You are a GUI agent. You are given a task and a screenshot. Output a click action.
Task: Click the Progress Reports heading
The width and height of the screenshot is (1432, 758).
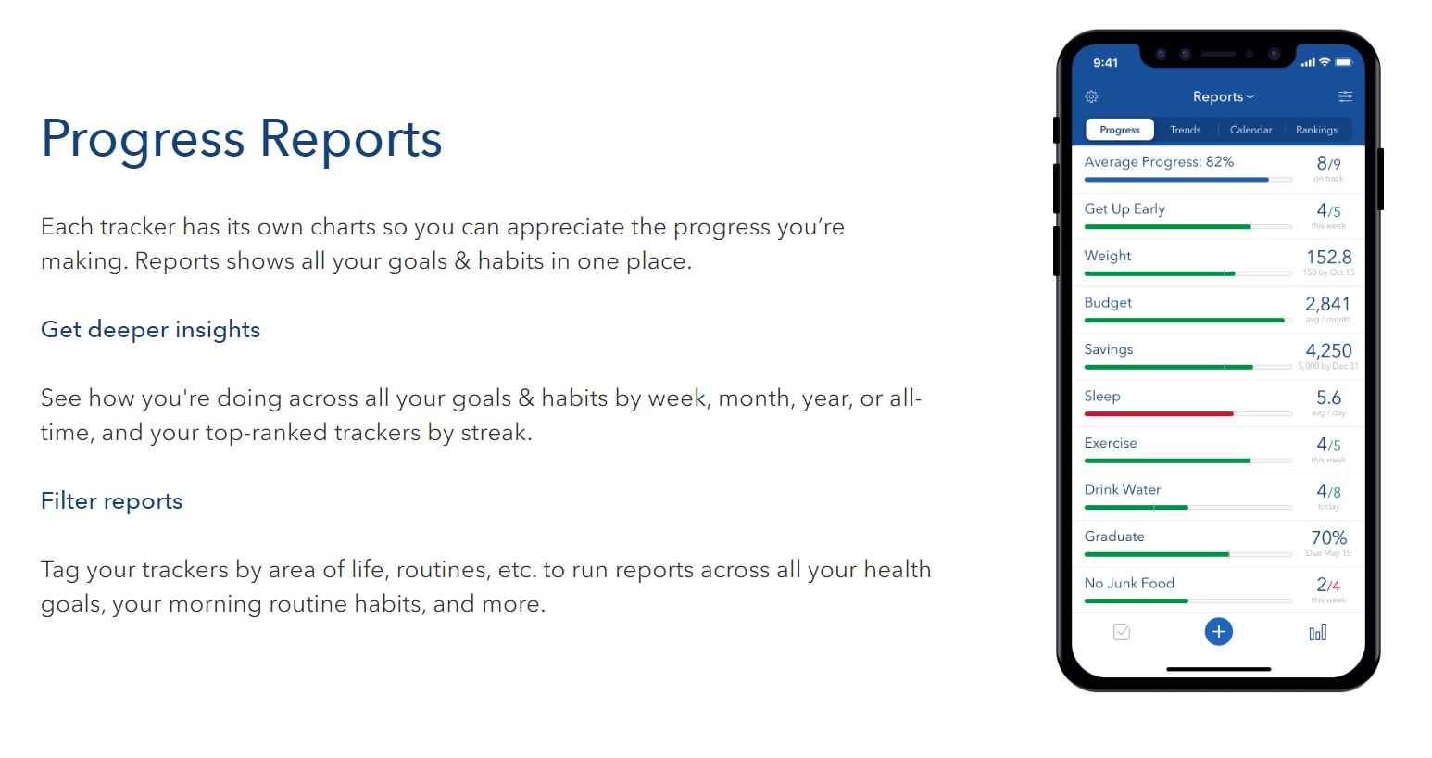(x=242, y=139)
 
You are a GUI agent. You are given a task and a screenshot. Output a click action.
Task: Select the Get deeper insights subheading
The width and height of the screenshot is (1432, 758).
(x=150, y=330)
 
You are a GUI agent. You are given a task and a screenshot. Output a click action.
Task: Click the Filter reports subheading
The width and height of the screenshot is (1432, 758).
(x=111, y=501)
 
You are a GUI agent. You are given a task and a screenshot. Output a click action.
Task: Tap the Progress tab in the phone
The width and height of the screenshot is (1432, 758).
(x=1119, y=130)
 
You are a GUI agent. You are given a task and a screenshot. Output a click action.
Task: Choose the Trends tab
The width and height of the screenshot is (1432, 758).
(x=1185, y=130)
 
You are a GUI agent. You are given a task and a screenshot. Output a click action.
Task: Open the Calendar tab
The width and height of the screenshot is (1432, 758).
(x=1250, y=130)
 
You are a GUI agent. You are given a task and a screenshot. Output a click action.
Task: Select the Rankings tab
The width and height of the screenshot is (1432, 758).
(x=1316, y=130)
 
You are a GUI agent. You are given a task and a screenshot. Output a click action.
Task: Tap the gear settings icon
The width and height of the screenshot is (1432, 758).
(x=1091, y=96)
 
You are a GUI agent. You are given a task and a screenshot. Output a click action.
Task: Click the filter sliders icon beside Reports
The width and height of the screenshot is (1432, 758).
(x=1345, y=96)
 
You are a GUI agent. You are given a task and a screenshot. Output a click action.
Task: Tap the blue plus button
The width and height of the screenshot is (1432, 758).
(x=1218, y=632)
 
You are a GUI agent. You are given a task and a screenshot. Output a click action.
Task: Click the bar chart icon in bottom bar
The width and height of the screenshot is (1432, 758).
(x=1317, y=633)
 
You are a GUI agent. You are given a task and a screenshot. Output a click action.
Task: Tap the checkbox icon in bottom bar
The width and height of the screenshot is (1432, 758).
(x=1121, y=632)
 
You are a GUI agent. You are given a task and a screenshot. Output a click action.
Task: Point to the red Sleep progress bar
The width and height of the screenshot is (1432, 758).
(x=1159, y=414)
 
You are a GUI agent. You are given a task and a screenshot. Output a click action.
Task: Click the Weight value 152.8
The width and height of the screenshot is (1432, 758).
(x=1328, y=257)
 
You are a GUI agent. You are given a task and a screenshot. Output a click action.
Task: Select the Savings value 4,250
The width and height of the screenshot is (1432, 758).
(x=1328, y=350)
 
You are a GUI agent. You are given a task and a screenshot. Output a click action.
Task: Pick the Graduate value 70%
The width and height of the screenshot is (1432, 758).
(x=1328, y=537)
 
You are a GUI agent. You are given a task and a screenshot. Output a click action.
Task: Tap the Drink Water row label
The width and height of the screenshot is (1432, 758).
(x=1123, y=489)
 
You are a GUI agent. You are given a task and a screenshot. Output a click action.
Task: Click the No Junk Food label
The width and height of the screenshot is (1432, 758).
(x=1129, y=583)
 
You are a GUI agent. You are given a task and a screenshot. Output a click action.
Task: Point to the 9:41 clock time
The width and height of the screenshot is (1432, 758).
(x=1105, y=63)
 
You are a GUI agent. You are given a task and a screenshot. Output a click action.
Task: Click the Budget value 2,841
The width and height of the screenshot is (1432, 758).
(x=1327, y=304)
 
